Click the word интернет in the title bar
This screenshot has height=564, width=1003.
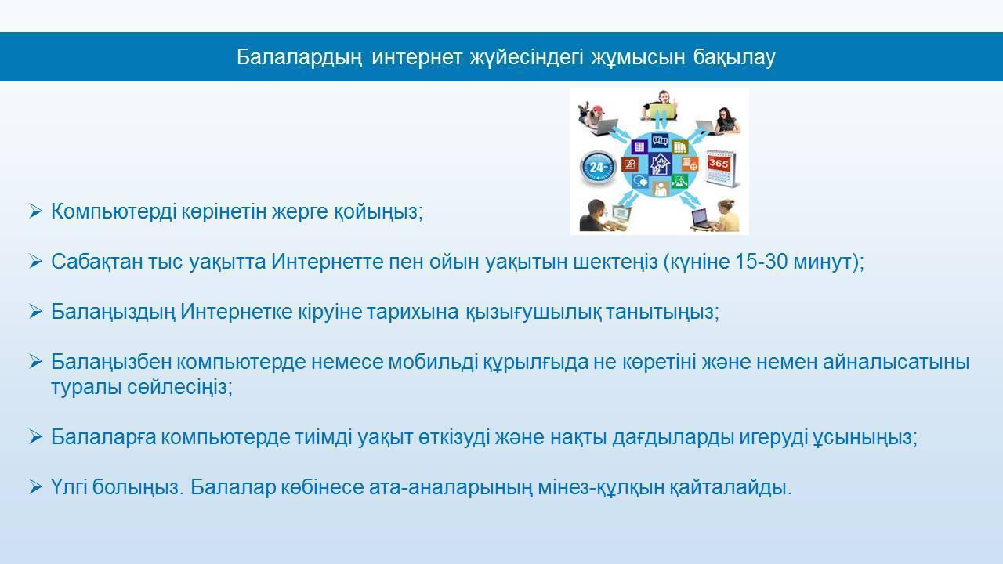(x=417, y=57)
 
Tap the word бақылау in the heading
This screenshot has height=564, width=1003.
(x=734, y=58)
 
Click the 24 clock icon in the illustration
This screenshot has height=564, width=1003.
(x=598, y=168)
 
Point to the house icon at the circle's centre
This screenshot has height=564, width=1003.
(x=660, y=164)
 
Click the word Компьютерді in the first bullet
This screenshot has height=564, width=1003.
(x=114, y=211)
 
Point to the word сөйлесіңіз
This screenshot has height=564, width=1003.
(x=179, y=387)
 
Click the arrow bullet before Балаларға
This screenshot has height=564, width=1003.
(x=35, y=437)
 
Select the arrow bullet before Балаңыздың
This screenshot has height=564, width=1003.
(x=35, y=312)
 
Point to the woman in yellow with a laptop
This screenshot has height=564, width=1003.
(x=717, y=216)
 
